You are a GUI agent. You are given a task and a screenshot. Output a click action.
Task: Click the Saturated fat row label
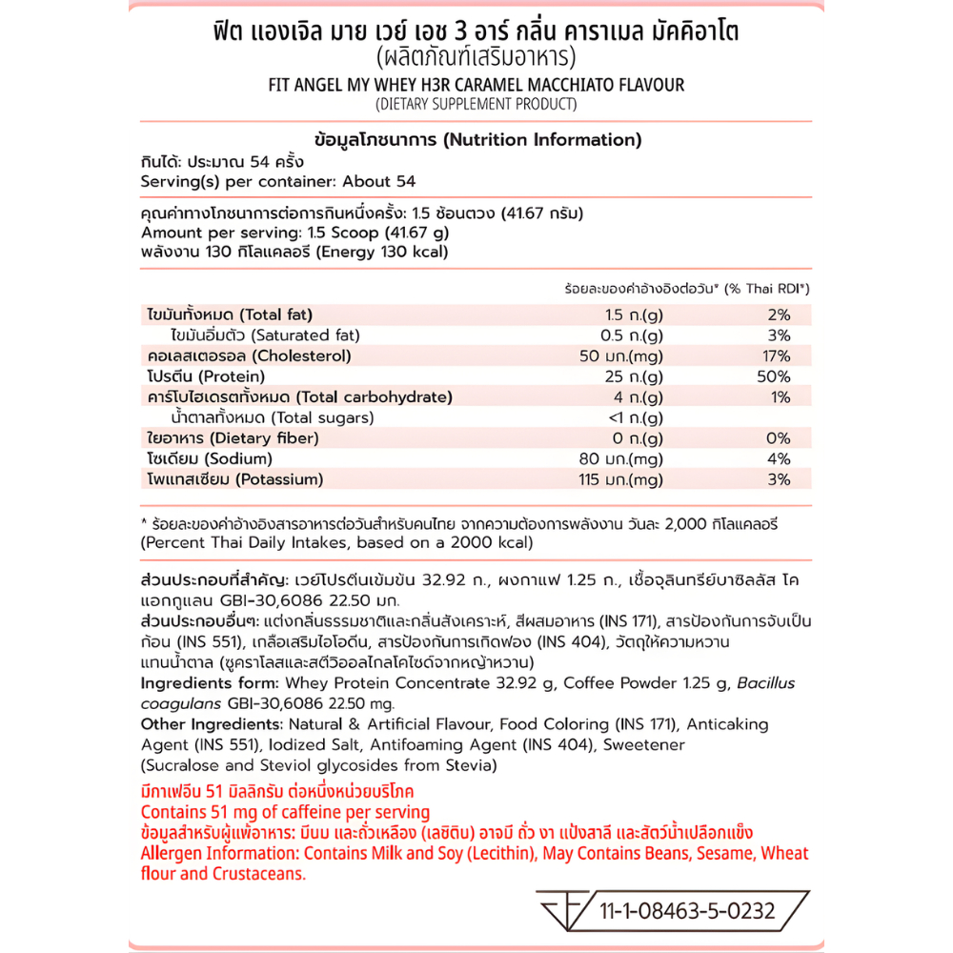point(250,335)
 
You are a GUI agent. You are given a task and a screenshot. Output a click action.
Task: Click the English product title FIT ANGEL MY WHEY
point(476,85)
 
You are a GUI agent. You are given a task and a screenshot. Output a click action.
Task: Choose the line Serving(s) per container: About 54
point(277,181)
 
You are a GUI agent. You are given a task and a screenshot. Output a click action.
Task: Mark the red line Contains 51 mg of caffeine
point(284,813)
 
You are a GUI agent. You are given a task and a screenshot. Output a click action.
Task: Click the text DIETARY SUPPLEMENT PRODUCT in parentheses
point(476,104)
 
